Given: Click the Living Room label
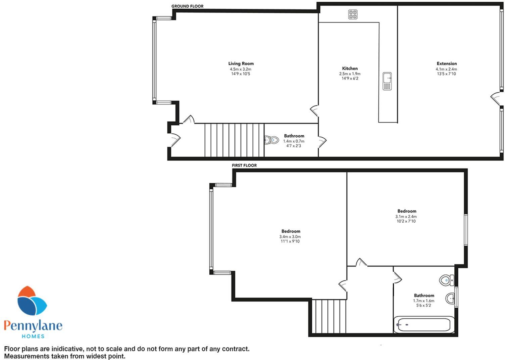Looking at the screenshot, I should tap(241, 63).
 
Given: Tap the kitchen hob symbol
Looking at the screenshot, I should tap(353, 14).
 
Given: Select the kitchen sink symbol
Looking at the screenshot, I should tap(387, 81).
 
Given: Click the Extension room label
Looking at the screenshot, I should tap(447, 63).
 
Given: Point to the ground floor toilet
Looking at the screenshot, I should tap(272, 140).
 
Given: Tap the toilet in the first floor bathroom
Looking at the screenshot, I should tap(447, 280).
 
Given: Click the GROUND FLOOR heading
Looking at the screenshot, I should tap(187, 6).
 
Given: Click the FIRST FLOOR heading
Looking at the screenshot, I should tap(244, 165).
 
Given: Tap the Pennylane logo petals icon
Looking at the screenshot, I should tap(32, 301).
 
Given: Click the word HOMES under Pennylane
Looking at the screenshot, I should tap(33, 336).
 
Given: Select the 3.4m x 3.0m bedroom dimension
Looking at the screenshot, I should tap(291, 237).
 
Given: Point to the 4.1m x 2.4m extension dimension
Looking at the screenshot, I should tap(446, 69).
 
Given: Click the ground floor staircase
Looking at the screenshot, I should tap(234, 140).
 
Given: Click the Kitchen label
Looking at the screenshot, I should tap(350, 68).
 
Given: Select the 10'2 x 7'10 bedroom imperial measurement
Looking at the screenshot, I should tap(406, 221).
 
